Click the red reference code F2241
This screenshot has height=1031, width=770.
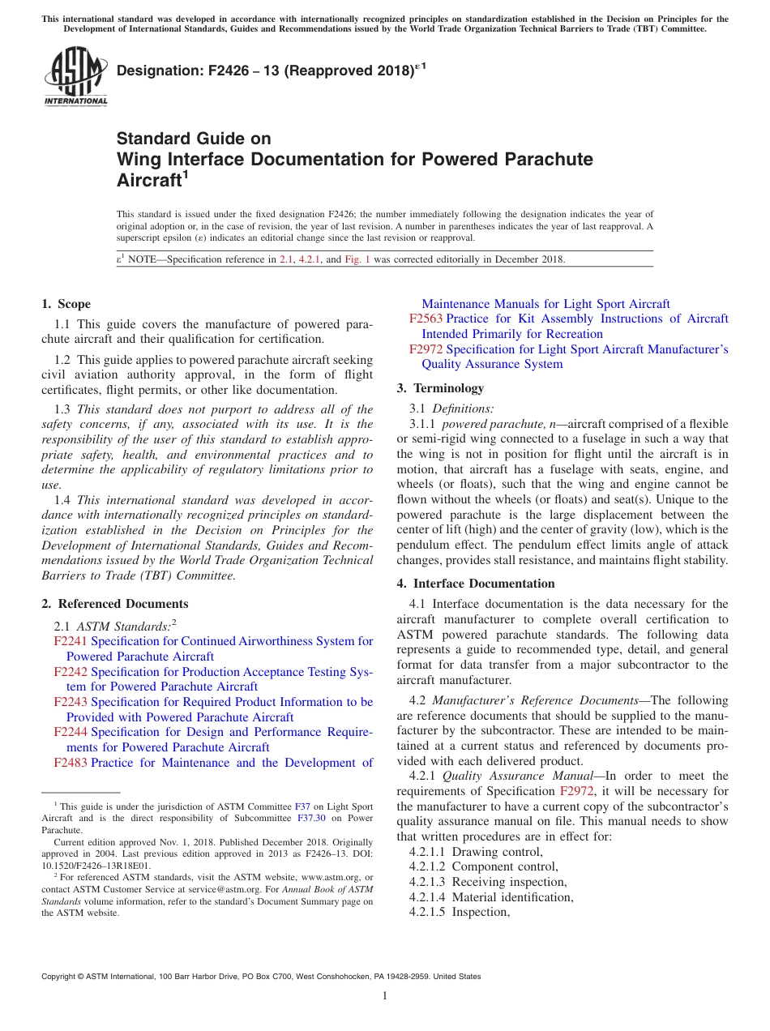(x=71, y=641)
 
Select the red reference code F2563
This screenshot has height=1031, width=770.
(x=426, y=319)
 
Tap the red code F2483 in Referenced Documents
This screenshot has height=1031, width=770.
(x=71, y=763)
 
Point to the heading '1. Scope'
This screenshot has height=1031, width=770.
(x=66, y=304)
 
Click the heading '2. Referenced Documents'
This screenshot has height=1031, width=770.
(x=114, y=604)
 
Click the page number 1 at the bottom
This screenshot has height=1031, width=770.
(x=385, y=997)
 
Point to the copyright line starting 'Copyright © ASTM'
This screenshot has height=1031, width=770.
(x=260, y=977)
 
